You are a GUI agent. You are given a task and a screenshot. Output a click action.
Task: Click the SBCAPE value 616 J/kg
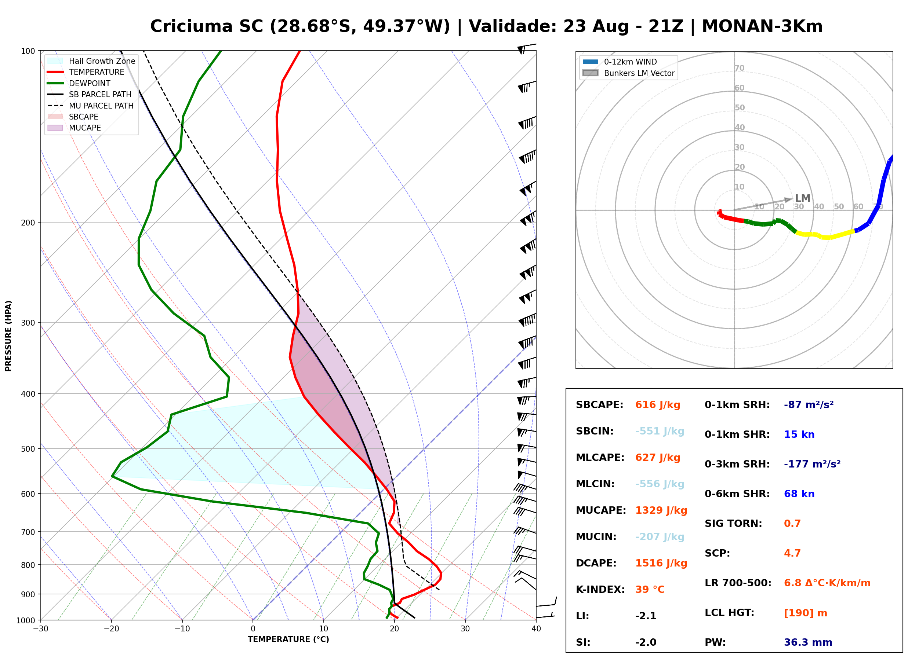point(658,405)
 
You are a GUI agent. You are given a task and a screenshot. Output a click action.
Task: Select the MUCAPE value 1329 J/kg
point(661,510)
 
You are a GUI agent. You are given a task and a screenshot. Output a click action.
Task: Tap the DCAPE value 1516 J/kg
point(661,563)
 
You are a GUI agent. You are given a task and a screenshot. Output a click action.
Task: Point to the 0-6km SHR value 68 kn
point(799,494)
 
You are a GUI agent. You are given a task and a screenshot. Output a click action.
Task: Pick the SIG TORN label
point(733,524)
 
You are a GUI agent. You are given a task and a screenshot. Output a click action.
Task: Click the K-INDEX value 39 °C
point(650,590)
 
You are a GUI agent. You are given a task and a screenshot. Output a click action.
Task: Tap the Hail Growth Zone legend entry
point(91,61)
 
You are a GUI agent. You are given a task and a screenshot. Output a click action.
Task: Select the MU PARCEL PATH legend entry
point(90,106)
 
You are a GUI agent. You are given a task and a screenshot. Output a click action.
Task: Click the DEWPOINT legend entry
point(79,83)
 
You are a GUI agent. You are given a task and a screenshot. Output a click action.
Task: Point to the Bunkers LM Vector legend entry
point(628,73)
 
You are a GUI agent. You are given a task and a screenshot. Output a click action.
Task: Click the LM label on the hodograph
point(803,198)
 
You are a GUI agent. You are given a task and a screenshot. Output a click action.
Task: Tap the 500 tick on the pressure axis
point(28,449)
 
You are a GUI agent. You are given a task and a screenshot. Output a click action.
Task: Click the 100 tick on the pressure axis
point(28,51)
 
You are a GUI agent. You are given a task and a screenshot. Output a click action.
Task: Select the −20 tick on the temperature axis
point(111,629)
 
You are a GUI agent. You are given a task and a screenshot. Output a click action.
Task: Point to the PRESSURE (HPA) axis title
point(8,336)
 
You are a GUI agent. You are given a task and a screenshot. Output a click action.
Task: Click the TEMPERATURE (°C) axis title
point(288,639)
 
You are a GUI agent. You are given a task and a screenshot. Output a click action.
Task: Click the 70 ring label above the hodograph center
point(739,68)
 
